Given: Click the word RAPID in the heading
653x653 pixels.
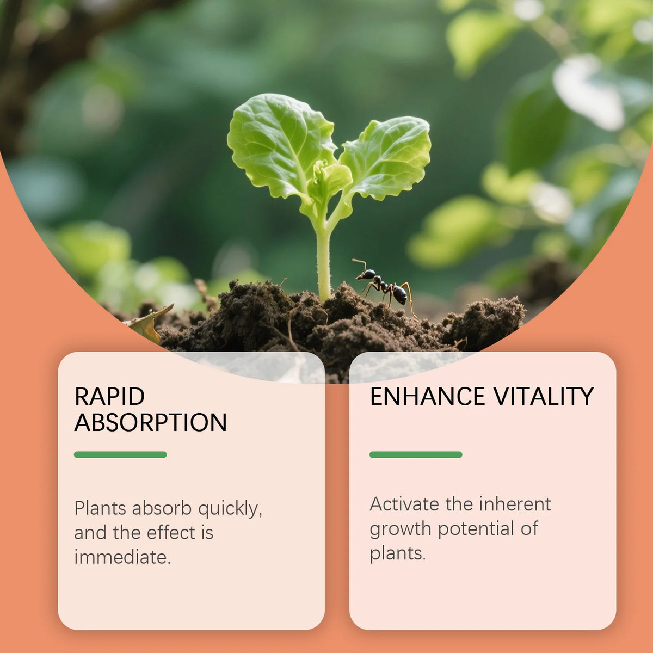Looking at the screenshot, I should (x=109, y=397).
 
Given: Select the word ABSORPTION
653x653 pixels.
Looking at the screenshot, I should (x=150, y=423).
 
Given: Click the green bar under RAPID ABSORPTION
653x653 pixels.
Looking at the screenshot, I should (x=120, y=454).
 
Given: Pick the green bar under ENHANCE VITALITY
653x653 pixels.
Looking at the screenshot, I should (x=416, y=454).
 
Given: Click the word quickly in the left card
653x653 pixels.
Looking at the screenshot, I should (x=230, y=509).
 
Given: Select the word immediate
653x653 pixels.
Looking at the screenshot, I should (x=122, y=557).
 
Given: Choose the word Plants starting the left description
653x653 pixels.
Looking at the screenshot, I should (x=100, y=508).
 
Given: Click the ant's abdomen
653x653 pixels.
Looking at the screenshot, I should (x=400, y=294).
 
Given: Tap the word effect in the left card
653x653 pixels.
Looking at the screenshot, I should (x=171, y=533).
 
